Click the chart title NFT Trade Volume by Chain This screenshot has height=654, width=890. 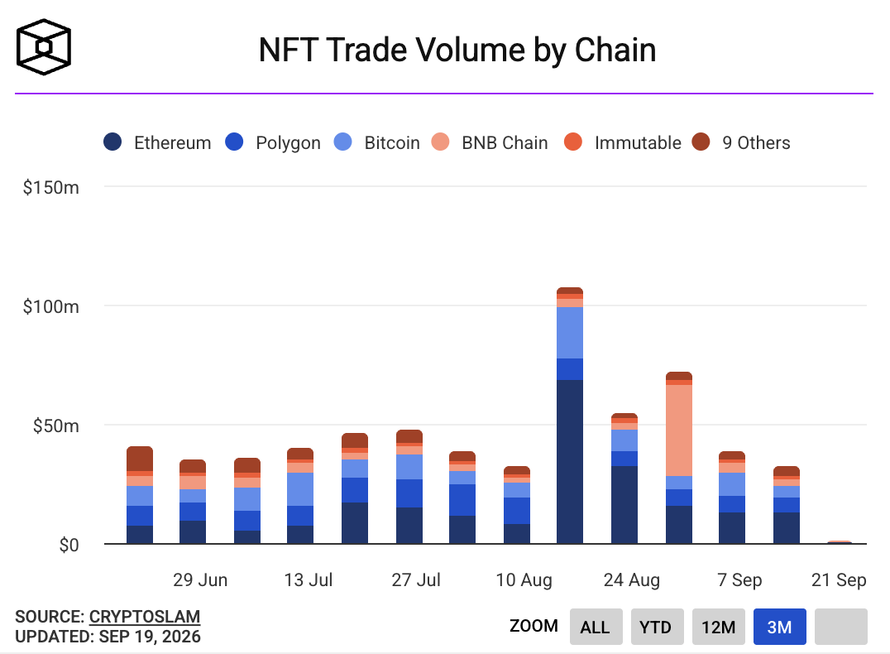[457, 50]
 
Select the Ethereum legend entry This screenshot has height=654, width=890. [157, 142]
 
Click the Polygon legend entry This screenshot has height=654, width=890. [272, 142]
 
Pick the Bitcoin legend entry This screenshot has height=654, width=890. [377, 142]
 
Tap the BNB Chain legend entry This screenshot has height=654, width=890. [490, 142]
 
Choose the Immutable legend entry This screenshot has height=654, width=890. [623, 142]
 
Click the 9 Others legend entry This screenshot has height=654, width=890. [741, 142]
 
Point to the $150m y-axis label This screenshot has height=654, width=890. [51, 187]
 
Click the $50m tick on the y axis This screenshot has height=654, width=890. [55, 426]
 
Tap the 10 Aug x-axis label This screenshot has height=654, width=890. [524, 579]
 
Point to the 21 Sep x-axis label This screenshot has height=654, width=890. [839, 579]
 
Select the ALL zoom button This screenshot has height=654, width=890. [596, 627]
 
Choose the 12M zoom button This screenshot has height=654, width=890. [719, 627]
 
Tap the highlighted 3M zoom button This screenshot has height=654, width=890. [780, 627]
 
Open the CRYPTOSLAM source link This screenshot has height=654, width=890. [145, 617]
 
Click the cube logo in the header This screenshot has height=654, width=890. [44, 47]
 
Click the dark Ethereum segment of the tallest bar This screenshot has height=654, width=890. [570, 462]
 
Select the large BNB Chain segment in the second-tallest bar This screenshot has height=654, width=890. [679, 430]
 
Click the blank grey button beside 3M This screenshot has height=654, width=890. [841, 627]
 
